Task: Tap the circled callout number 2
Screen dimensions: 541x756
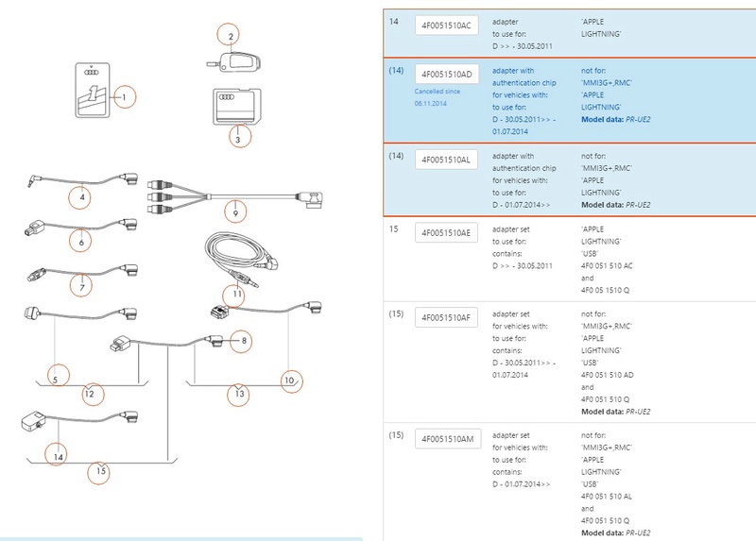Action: [229, 37]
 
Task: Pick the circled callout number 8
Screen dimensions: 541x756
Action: [243, 339]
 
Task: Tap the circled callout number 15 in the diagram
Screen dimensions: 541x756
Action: [98, 469]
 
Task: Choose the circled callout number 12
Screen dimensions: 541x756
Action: [87, 393]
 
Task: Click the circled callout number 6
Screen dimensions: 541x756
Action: [82, 243]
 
